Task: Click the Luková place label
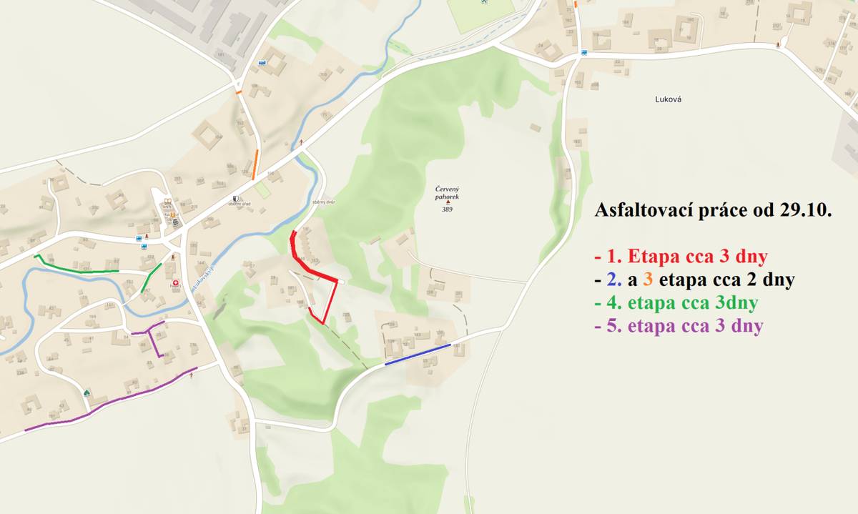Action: tap(668, 100)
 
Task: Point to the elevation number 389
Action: tap(447, 209)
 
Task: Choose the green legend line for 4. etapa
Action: tap(676, 302)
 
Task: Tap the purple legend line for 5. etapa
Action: tap(678, 326)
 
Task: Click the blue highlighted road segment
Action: tap(418, 355)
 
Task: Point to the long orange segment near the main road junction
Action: tap(255, 164)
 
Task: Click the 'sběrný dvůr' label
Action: tap(324, 202)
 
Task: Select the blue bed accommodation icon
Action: tap(262, 63)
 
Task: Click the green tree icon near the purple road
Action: tap(87, 392)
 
